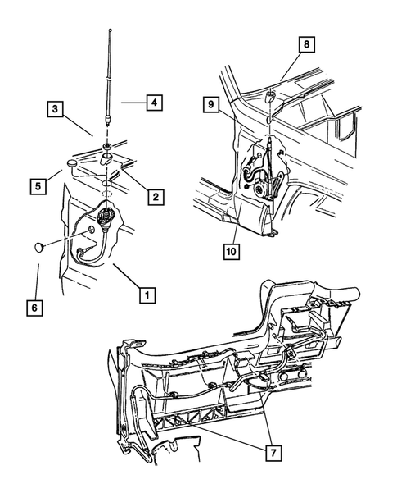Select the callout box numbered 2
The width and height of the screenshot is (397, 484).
152,196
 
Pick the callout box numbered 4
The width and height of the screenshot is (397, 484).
152,103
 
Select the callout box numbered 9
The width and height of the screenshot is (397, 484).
211,105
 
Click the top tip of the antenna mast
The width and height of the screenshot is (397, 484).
109,30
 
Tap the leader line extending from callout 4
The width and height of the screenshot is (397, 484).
132,103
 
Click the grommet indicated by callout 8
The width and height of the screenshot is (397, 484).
269,98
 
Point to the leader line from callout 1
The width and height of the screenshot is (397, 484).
126,277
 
